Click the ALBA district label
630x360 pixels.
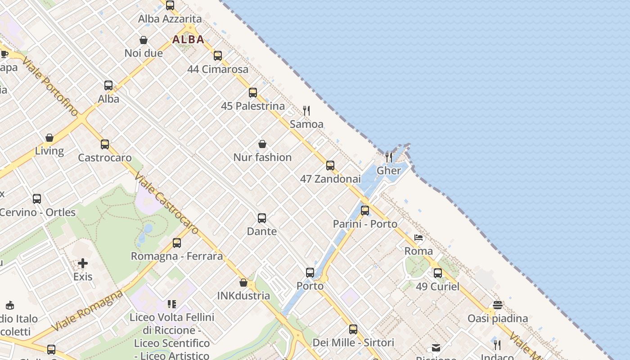[x=189, y=40]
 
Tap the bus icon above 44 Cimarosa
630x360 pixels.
[x=218, y=56]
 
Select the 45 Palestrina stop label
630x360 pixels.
[x=253, y=106]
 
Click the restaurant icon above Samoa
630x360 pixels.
[x=306, y=111]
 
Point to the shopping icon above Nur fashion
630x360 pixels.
[x=262, y=144]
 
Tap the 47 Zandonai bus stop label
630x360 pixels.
[x=330, y=179]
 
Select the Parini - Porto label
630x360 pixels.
[x=365, y=224]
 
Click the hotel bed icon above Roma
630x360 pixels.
[x=418, y=238]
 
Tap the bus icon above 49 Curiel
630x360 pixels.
[x=438, y=273]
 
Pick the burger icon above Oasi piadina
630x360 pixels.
[x=497, y=305]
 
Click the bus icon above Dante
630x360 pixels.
[x=262, y=218]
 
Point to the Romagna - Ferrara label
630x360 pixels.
[x=177, y=256]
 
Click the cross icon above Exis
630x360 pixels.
[x=83, y=263]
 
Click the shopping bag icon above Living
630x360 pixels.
[x=49, y=138]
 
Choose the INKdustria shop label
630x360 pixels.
[x=243, y=296]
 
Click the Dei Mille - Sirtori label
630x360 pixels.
[x=353, y=342]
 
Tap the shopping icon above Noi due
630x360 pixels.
[x=144, y=40]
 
